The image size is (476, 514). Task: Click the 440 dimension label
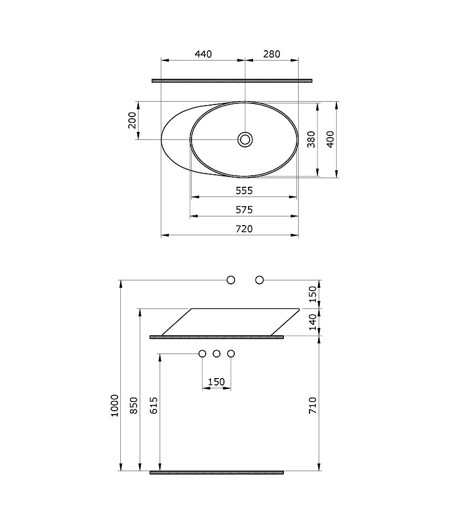pyautogui.click(x=203, y=54)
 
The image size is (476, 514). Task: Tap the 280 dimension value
pyautogui.click(x=271, y=54)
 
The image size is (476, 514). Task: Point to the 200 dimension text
pyautogui.click(x=132, y=121)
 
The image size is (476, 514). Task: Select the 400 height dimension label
pyautogui.click(x=331, y=139)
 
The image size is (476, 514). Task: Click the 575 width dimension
pyautogui.click(x=244, y=210)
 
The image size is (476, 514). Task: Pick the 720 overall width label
pyautogui.click(x=244, y=229)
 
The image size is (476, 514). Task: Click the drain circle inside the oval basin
pyautogui.click(x=245, y=139)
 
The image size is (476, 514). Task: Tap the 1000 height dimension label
pyautogui.click(x=115, y=405)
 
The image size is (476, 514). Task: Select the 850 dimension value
pyautogui.click(x=134, y=405)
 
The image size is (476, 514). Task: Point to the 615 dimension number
pyautogui.click(x=154, y=405)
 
